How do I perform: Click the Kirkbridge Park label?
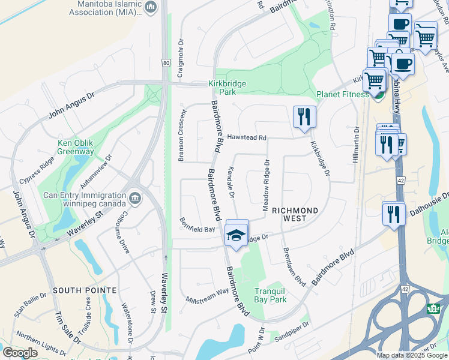click(x=227, y=88)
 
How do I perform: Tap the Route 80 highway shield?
click(x=165, y=62)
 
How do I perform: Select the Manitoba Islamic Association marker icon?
click(x=151, y=8)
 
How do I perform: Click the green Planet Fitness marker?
click(x=378, y=95)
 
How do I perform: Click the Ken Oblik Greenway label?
click(x=76, y=147)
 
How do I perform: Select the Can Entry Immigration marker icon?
click(x=135, y=196)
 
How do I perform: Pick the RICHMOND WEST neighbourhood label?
click(x=294, y=211)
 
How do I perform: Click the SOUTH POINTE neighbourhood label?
click(x=85, y=290)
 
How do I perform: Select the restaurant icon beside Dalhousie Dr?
click(x=393, y=214)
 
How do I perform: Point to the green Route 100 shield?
click(x=433, y=308)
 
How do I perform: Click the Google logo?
click(x=20, y=353)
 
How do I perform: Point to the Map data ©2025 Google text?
click(x=411, y=355)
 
